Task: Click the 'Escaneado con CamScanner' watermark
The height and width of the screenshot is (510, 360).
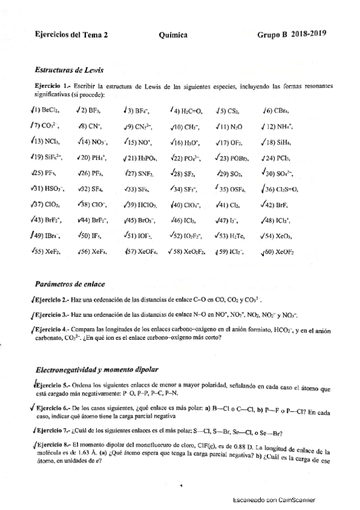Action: pyautogui.click(x=273, y=499)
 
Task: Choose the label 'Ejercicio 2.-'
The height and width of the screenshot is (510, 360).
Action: pyautogui.click(x=52, y=299)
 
